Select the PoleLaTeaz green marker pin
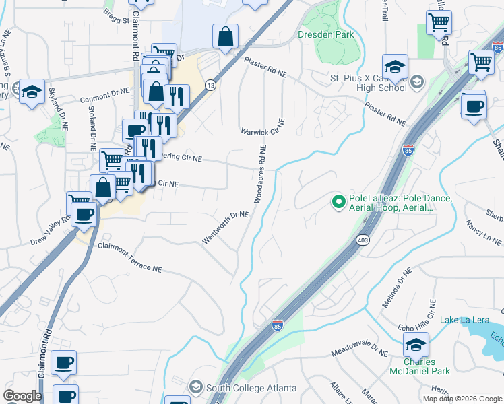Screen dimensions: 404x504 tap(339, 201)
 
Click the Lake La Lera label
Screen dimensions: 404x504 tap(465, 320)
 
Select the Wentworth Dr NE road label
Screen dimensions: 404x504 tap(226, 228)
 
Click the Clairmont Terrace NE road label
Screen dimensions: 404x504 tap(130, 257)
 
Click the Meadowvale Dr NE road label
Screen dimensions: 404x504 tap(360, 352)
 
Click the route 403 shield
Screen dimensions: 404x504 tap(363, 240)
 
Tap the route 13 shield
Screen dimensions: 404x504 tap(211, 86)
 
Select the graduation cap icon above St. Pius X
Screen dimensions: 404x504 tap(395, 66)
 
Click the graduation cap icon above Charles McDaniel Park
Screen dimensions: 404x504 tap(416, 345)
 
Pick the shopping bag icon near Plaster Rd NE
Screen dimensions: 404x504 tap(225, 36)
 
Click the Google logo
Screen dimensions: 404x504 tap(22, 396)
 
